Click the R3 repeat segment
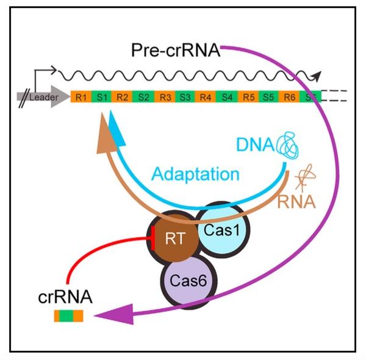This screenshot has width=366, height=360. [164, 96]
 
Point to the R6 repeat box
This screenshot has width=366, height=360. [289, 96]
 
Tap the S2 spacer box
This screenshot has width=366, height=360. [143, 96]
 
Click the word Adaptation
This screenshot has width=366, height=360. [195, 175]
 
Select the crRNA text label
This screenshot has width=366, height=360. [66, 298]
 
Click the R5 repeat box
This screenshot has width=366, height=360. [248, 96]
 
